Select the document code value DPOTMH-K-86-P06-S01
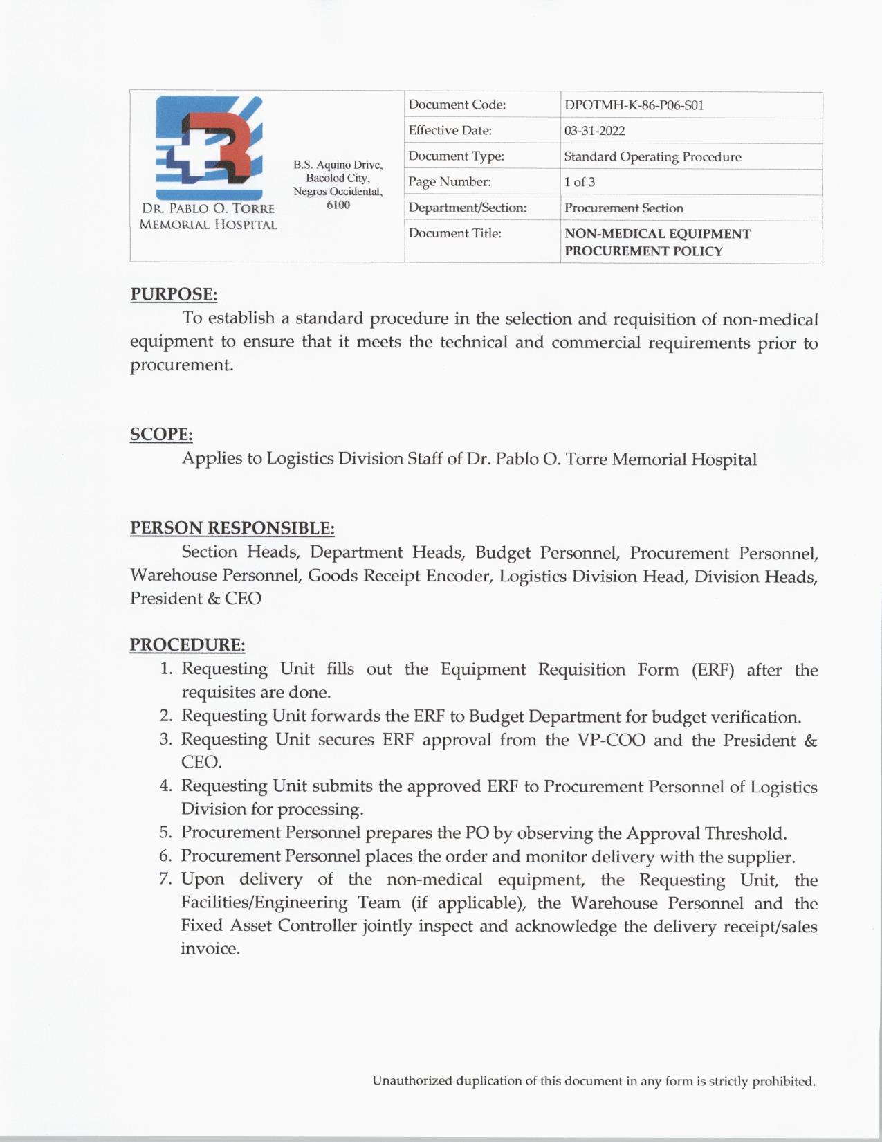pyautogui.click(x=634, y=105)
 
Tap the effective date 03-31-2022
pyautogui.click(x=594, y=131)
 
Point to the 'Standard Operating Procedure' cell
pyautogui.click(x=652, y=156)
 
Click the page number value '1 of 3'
pyautogui.click(x=579, y=182)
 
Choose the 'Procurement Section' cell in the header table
pyautogui.click(x=623, y=208)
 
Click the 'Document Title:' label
pyautogui.click(x=454, y=233)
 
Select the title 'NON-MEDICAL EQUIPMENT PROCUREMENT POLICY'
pyautogui.click(x=656, y=242)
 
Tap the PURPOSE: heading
pyautogui.click(x=174, y=294)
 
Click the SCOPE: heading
pyautogui.click(x=161, y=435)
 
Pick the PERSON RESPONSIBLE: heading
pyautogui.click(x=232, y=528)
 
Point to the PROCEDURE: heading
pyautogui.click(x=187, y=645)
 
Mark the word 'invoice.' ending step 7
pyautogui.click(x=210, y=949)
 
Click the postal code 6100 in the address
pyautogui.click(x=338, y=205)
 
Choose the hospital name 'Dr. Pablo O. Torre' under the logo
pyautogui.click(x=208, y=208)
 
